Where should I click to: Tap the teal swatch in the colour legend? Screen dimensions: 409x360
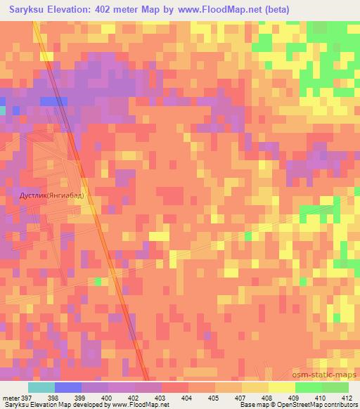click(41, 387)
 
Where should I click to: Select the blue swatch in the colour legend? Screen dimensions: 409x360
click(67, 387)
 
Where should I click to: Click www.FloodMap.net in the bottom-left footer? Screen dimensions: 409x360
click(134, 405)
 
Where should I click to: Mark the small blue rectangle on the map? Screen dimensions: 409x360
click(53, 101)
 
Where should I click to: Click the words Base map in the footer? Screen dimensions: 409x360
click(252, 405)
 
